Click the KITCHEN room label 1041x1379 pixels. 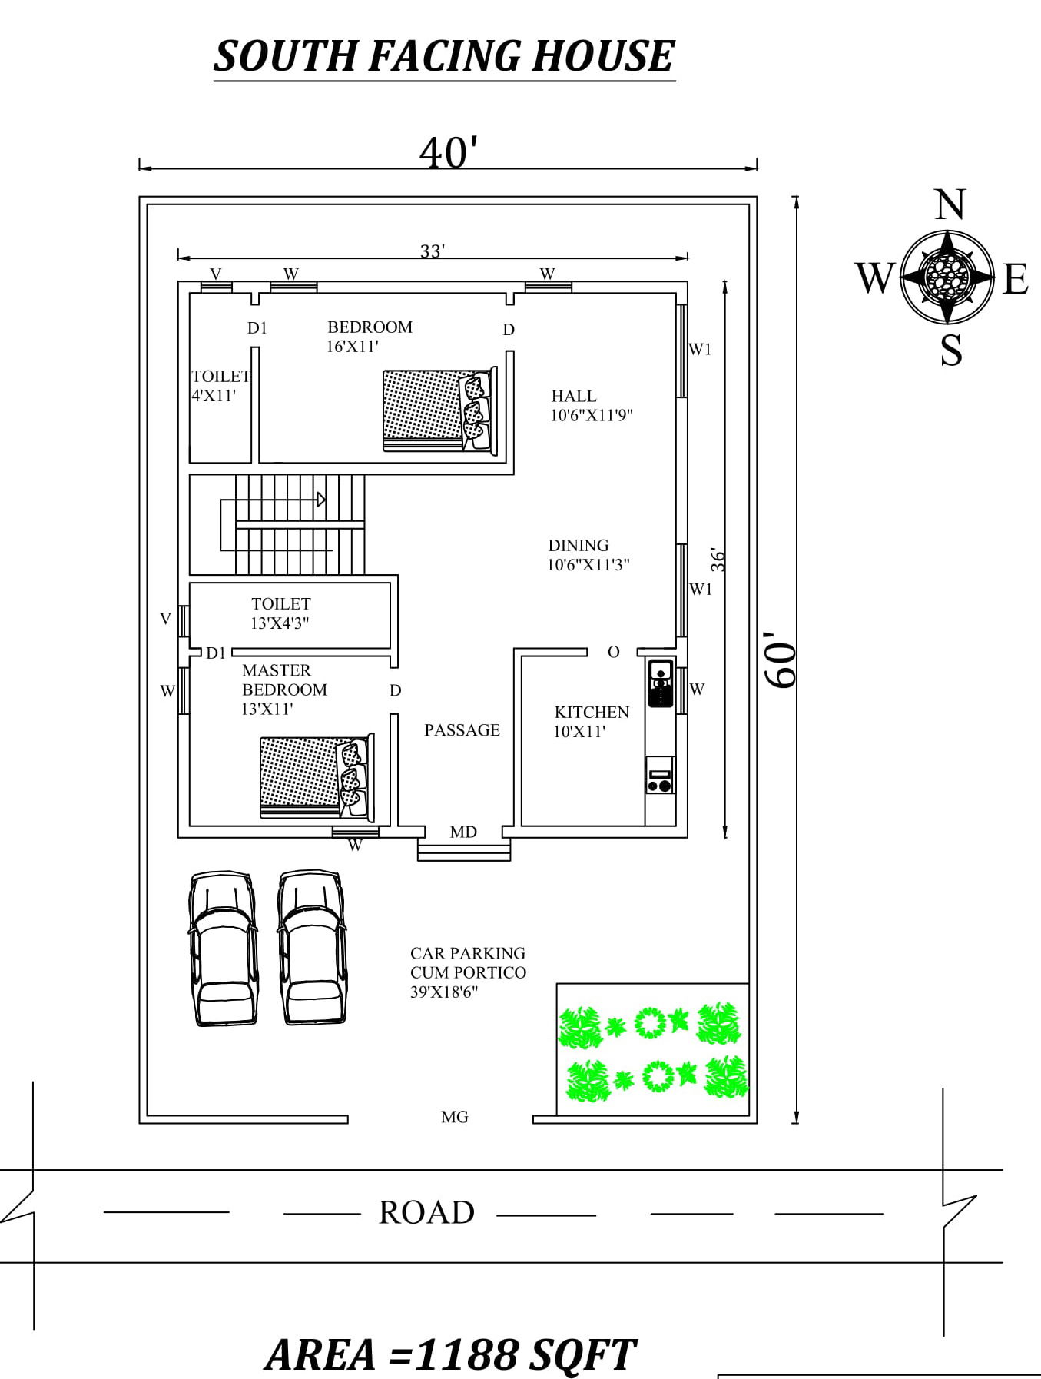[592, 713]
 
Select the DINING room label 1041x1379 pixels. [579, 546]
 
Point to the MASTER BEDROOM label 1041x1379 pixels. [283, 680]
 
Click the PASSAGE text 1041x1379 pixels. [462, 730]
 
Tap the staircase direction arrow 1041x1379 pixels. [321, 500]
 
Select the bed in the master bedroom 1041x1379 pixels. [317, 777]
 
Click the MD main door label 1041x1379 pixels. [463, 832]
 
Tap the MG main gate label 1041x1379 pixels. [455, 1117]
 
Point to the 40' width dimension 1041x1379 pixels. [449, 152]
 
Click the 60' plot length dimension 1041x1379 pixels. [781, 660]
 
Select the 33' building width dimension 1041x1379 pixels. [433, 251]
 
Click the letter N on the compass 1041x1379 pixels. [950, 205]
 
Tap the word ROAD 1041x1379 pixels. [426, 1213]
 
